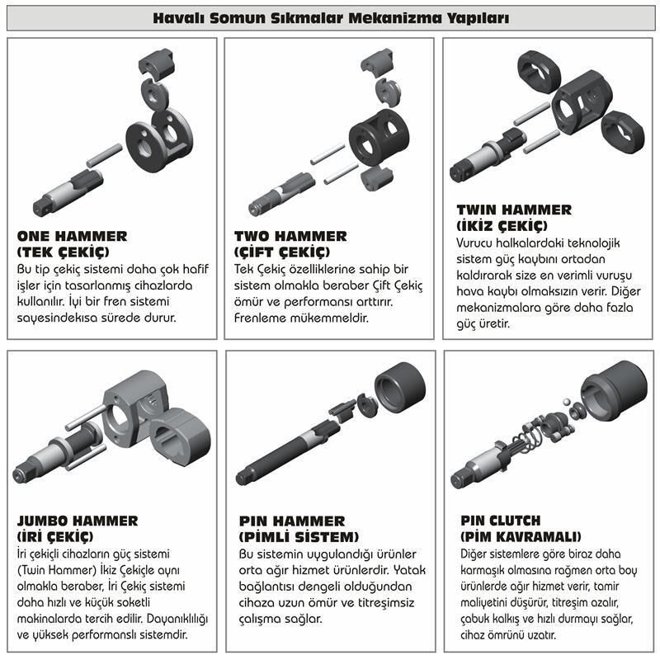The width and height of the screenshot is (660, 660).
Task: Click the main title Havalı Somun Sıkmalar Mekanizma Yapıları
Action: pyautogui.click(x=331, y=18)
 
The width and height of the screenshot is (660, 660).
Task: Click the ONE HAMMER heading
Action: pyautogui.click(x=72, y=236)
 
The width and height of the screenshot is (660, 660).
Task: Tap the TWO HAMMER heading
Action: pyautogui.click(x=290, y=236)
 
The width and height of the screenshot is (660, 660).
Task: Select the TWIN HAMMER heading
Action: pyautogui.click(x=514, y=210)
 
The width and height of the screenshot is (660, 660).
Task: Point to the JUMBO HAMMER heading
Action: pyautogui.click(x=78, y=521)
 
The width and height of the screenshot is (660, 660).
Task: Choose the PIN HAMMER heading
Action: pyautogui.click(x=292, y=521)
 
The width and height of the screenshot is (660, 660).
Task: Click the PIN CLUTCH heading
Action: pyautogui.click(x=501, y=521)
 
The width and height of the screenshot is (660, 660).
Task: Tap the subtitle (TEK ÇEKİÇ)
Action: pyautogui.click(x=64, y=252)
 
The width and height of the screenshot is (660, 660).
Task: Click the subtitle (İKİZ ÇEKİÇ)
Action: pyautogui.click(x=502, y=225)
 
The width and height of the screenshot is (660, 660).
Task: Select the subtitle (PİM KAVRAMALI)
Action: pyautogui.click(x=521, y=537)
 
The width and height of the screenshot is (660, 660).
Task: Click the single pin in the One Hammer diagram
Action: pyautogui.click(x=105, y=155)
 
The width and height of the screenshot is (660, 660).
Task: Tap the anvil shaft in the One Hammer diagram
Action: pyautogui.click(x=68, y=193)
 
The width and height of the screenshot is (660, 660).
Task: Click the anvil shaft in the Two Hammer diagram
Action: pyautogui.click(x=281, y=195)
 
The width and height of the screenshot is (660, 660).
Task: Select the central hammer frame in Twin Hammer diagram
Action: pyautogui.click(x=582, y=101)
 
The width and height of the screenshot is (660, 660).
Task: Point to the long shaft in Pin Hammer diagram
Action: pyautogui.click(x=287, y=452)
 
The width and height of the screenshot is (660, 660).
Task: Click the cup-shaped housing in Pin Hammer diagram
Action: pyautogui.click(x=400, y=388)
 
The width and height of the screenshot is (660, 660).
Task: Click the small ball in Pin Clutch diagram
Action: pyautogui.click(x=567, y=401)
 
